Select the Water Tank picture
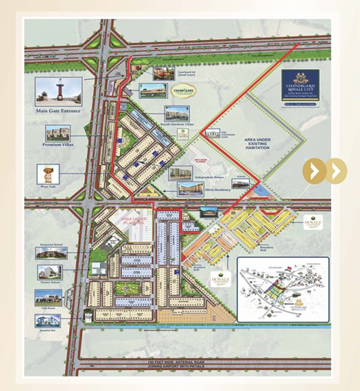[x=47, y=174]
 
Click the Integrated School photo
[x=52, y=252]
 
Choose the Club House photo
[x=48, y=297]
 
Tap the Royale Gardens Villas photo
[x=177, y=114]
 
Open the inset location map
[x=279, y=285]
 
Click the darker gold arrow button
[x=315, y=172]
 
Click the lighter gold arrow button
[x=336, y=172]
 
